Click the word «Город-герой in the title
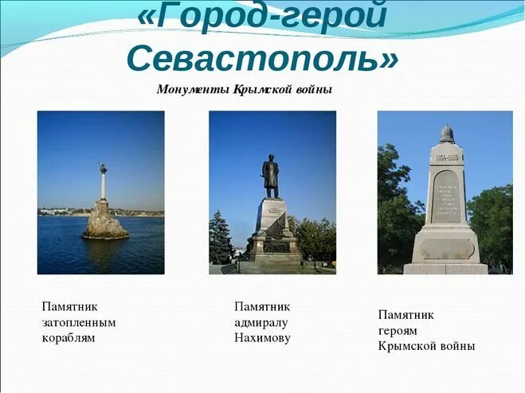click(262, 16)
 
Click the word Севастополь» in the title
click(262, 58)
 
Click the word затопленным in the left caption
click(79, 322)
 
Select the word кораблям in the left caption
click(69, 337)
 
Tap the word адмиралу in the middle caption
click(261, 322)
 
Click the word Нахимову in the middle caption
click(262, 337)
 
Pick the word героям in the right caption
click(398, 330)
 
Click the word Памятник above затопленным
click(69, 306)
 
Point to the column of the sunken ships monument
click(103, 185)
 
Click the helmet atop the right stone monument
click(447, 134)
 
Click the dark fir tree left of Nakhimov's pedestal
click(221, 239)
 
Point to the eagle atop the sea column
click(103, 167)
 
